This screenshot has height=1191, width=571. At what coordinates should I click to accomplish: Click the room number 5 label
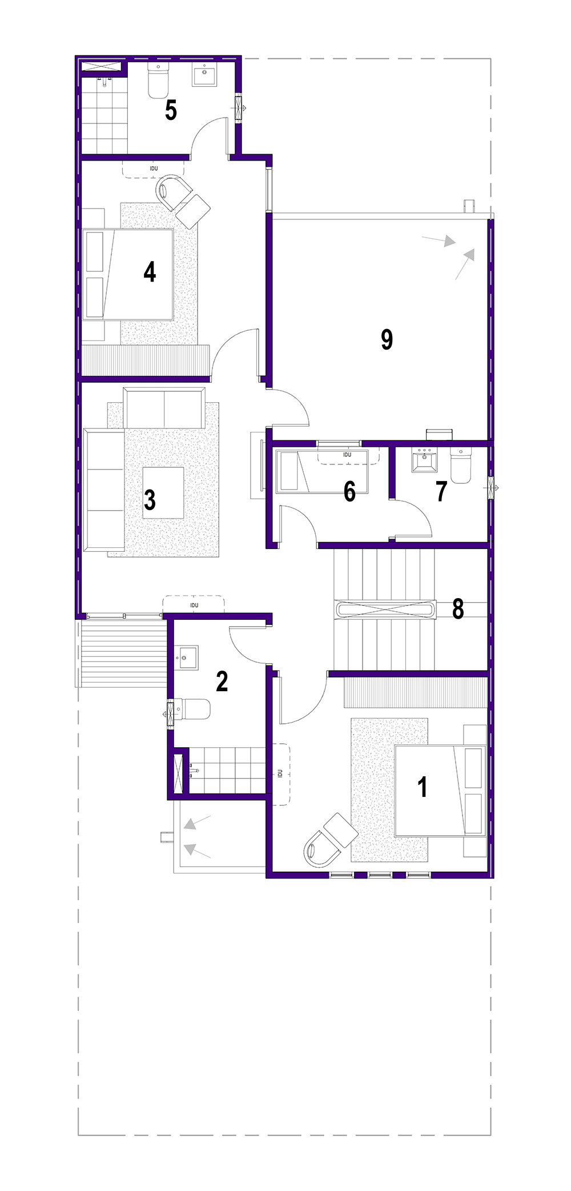point(171,110)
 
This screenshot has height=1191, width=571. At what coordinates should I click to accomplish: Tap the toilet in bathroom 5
point(158,80)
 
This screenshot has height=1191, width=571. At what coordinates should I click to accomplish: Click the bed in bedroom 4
point(128,274)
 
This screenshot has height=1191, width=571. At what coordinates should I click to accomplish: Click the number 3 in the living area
point(150,500)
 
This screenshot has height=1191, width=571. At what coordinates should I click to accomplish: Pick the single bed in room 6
point(322,472)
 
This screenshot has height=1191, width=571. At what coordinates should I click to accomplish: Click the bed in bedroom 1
point(440,790)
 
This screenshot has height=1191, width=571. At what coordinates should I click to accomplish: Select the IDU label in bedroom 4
point(154,169)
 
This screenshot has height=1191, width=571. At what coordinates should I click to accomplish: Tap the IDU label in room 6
point(347,455)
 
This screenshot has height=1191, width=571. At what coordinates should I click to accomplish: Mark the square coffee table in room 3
point(163,492)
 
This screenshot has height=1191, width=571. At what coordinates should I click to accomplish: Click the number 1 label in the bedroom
point(423,787)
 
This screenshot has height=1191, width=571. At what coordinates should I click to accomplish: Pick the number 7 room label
point(441,492)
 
